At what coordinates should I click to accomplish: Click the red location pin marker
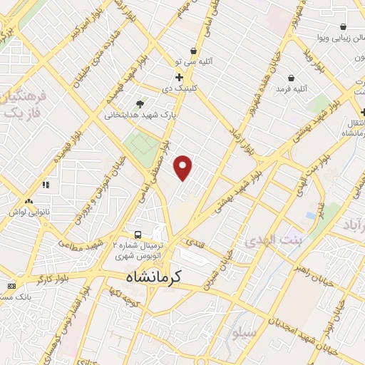tap(183, 168)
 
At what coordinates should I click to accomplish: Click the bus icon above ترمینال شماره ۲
tap(138, 234)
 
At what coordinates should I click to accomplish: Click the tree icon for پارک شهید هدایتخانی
tap(140, 103)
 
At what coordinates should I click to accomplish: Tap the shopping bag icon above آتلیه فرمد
tap(291, 78)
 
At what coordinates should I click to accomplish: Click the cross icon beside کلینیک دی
tap(179, 76)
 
